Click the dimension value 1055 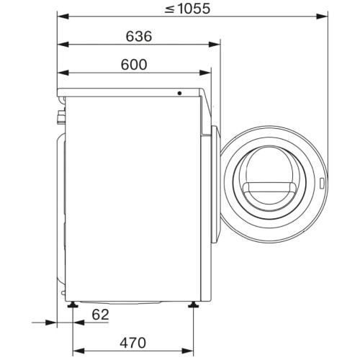tap(194, 9)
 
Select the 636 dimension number tap(139, 37)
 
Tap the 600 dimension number tap(134, 65)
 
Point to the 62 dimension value tap(100, 315)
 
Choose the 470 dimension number tap(132, 343)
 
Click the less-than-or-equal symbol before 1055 tap(169, 9)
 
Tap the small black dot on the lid tap(179, 93)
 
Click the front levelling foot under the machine tap(193, 305)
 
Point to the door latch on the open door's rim tap(323, 184)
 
